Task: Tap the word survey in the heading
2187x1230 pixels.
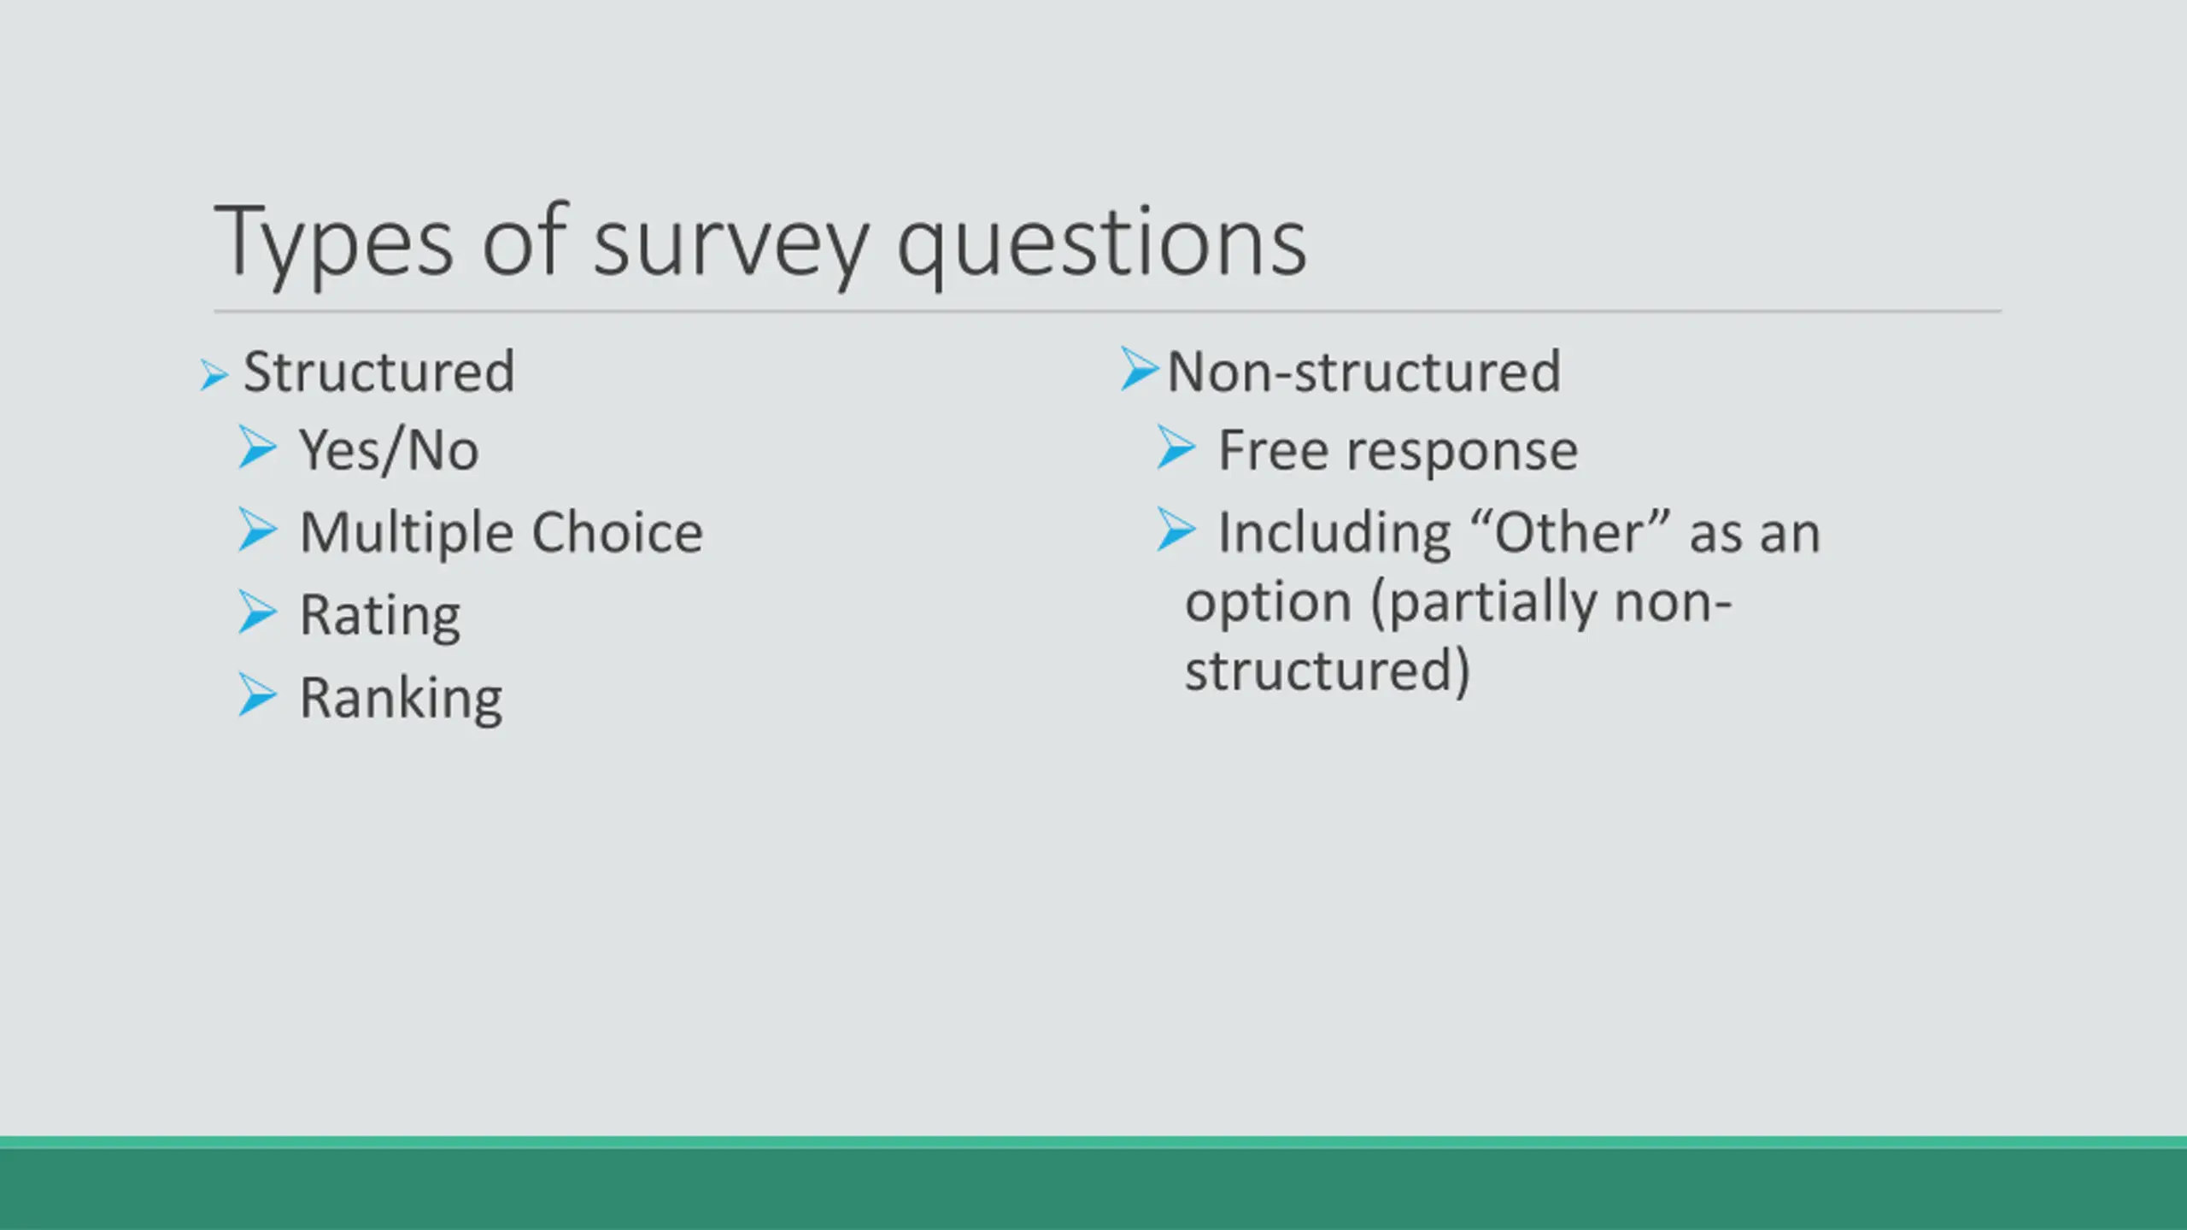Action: click(731, 245)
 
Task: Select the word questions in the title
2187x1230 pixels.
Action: click(1101, 245)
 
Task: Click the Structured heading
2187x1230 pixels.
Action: click(379, 372)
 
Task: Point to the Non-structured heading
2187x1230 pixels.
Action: click(1364, 372)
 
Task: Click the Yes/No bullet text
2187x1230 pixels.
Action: click(389, 450)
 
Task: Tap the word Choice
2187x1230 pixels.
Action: click(618, 532)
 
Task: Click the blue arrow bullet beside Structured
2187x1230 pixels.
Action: click(214, 375)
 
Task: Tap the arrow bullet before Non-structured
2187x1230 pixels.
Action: click(1139, 369)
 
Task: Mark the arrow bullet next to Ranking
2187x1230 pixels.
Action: click(257, 694)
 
